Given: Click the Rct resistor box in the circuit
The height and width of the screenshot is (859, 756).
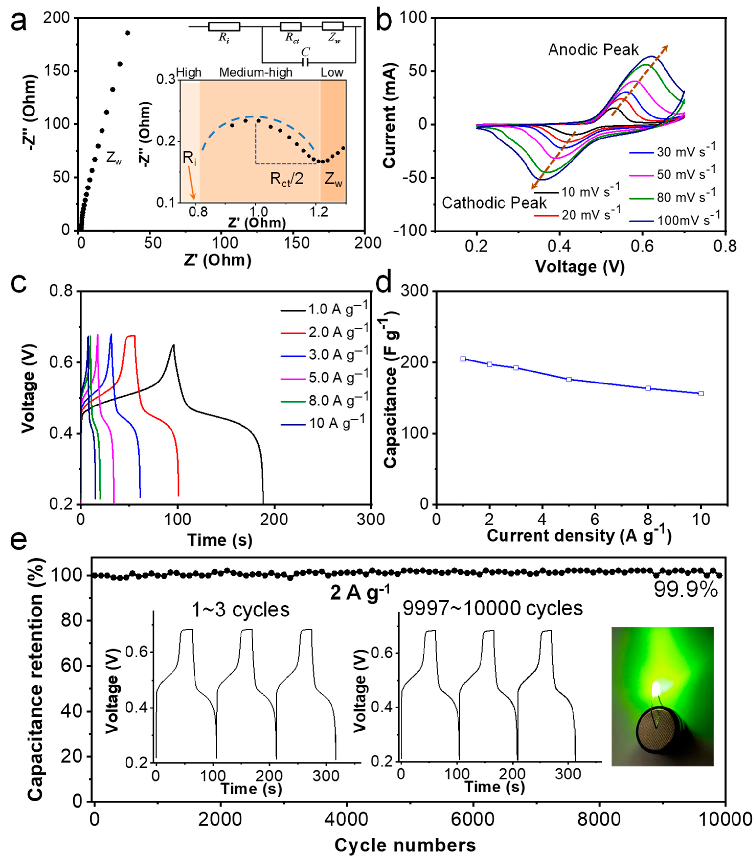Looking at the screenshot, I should pyautogui.click(x=290, y=26).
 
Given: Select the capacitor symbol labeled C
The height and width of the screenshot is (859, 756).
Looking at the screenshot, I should pyautogui.click(x=306, y=62).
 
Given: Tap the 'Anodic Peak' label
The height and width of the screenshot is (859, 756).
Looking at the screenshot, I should pyautogui.click(x=593, y=50).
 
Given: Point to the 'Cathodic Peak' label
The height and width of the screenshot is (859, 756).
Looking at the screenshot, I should pyautogui.click(x=494, y=203).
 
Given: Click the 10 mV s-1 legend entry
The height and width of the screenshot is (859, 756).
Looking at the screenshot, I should pyautogui.click(x=578, y=192).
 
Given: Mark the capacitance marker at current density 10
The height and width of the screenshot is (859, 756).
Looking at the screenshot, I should pyautogui.click(x=700, y=394).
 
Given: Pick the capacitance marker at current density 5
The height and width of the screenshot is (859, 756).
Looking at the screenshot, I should pyautogui.click(x=569, y=380).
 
